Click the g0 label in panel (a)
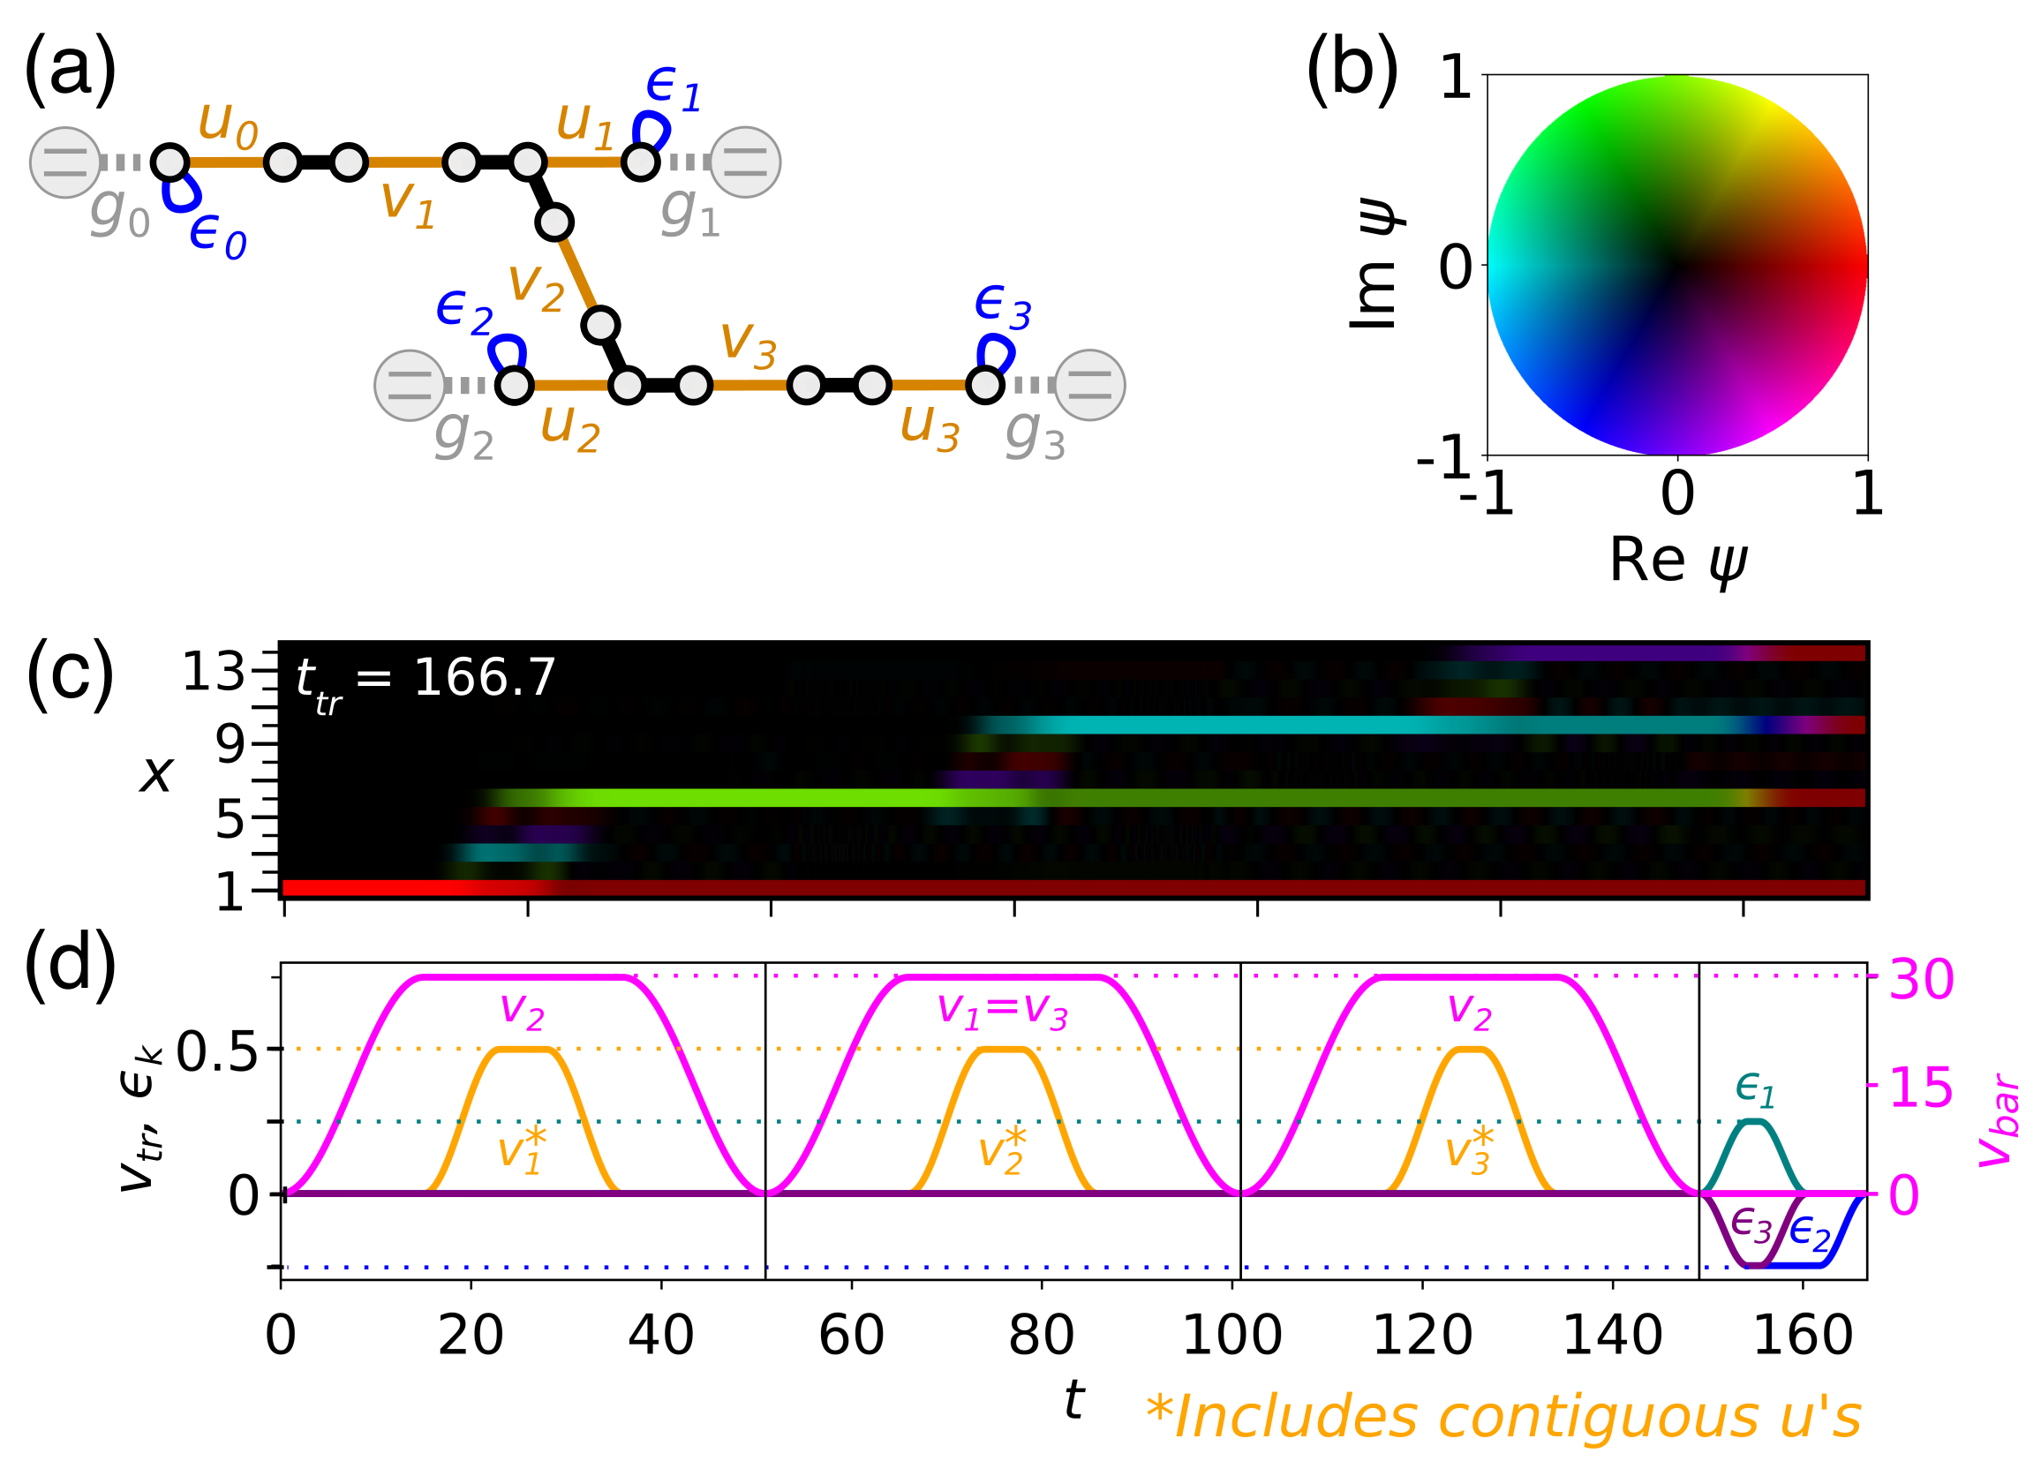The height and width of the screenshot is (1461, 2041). pos(120,213)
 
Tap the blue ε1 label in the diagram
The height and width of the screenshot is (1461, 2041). pos(673,88)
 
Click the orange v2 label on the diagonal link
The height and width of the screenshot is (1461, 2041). pos(536,285)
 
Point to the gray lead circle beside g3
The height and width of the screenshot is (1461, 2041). pos(1089,385)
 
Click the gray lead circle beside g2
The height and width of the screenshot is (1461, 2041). pos(410,385)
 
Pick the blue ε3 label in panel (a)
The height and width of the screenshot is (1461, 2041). pos(1002,305)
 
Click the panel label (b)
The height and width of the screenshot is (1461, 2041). pos(1351,70)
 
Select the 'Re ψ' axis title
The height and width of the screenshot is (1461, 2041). pos(1678,561)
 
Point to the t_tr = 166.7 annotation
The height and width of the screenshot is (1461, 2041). pos(426,681)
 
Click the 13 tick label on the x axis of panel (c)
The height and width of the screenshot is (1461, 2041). pos(213,672)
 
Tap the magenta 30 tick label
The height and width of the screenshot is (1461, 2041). pos(1921,980)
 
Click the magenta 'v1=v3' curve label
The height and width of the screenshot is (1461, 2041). pos(1002,1010)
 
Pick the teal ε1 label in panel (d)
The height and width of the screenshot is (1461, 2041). pos(1755,1090)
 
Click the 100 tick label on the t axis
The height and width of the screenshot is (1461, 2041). pos(1231,1335)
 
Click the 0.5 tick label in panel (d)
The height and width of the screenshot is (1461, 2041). pos(217,1051)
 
